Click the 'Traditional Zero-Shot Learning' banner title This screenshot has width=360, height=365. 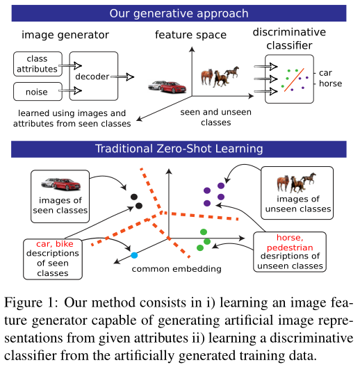(x=179, y=148)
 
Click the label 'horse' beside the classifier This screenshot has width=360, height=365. (x=331, y=83)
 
